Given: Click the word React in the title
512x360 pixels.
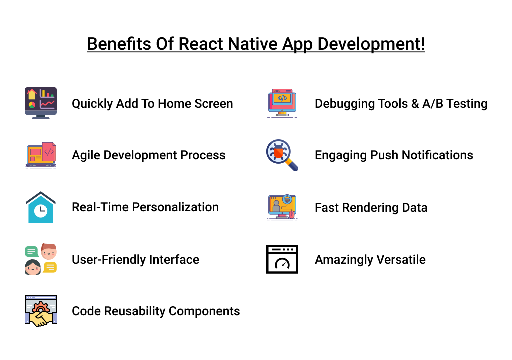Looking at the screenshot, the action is (201, 44).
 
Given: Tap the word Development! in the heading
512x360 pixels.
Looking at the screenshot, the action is (371, 44).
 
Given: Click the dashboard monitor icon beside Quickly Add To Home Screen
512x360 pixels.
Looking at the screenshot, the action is (41, 103).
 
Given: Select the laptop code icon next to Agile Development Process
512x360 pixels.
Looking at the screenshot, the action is (41, 155).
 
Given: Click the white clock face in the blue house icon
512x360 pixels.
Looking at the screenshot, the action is (41, 210).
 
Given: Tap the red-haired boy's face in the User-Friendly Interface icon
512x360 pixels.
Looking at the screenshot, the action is (49, 251).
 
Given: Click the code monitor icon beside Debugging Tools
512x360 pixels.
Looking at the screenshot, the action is (282, 103).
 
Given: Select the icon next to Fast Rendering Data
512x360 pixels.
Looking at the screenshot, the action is (282, 207).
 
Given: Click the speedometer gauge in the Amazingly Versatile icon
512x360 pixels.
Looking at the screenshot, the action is (282, 263).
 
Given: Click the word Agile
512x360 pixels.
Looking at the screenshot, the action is (86, 156).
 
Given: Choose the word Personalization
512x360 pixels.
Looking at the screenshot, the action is (175, 207).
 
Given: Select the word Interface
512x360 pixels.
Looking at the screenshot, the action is (174, 260).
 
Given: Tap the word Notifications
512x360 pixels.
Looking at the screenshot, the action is (437, 155).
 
